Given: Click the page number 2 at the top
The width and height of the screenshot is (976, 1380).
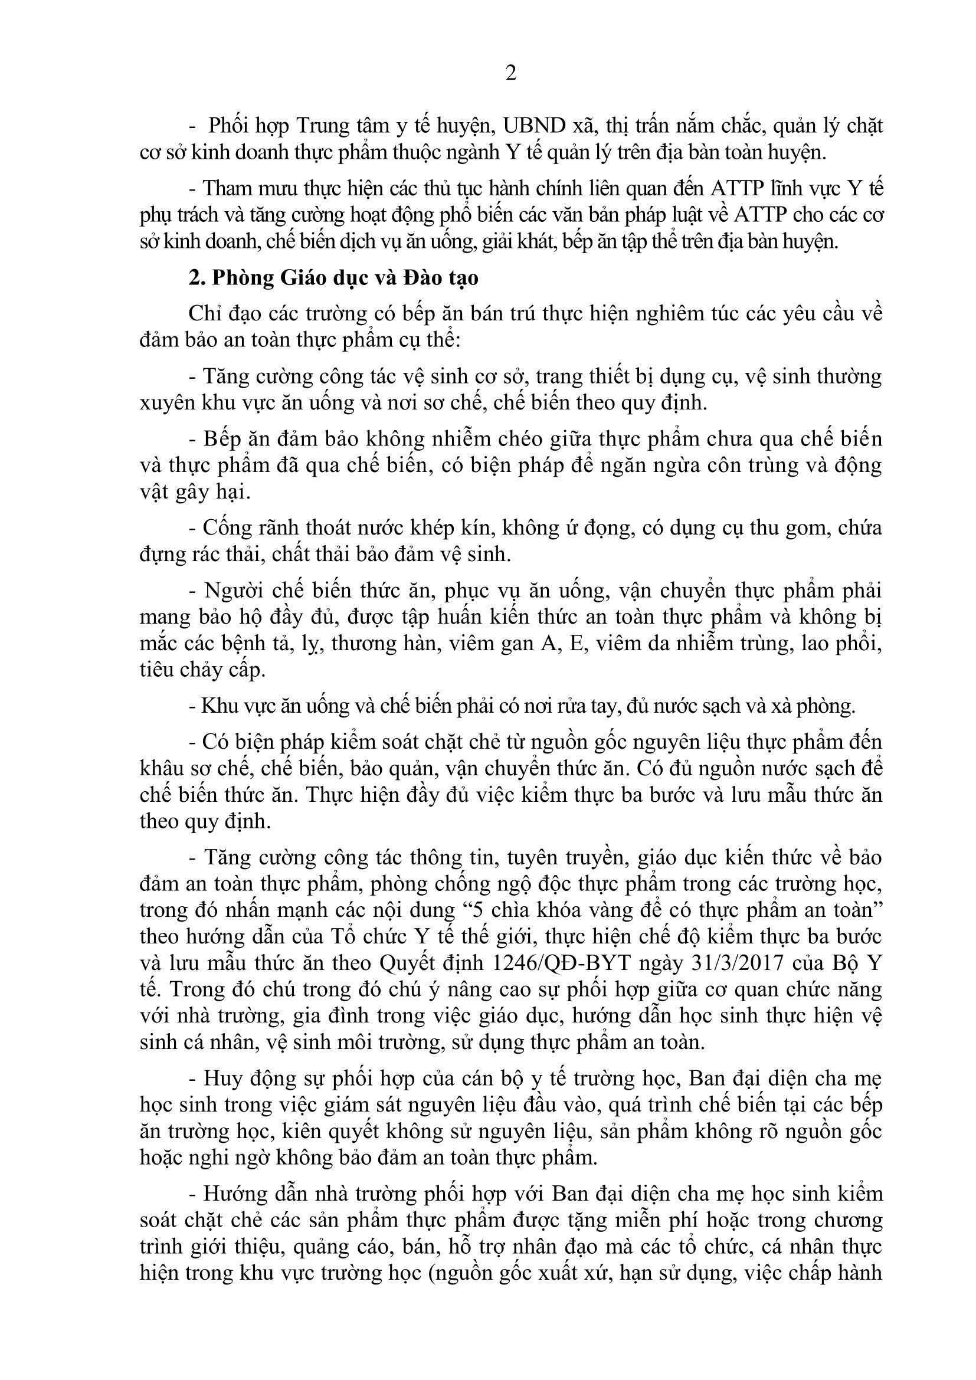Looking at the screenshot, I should pyautogui.click(x=510, y=73).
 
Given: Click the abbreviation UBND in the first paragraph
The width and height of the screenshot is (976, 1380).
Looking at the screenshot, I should pyautogui.click(x=533, y=126).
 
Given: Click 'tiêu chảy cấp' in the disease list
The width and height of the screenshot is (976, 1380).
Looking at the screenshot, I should pyautogui.click(x=202, y=670).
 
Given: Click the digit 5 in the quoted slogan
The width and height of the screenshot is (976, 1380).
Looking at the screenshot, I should pyautogui.click(x=479, y=910).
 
